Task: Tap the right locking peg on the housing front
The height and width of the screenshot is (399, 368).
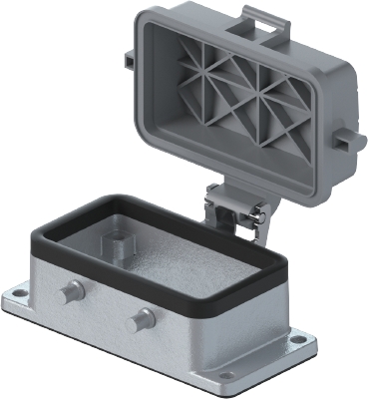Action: coord(142,321)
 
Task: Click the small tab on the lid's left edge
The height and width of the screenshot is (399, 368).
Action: coord(130,60)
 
